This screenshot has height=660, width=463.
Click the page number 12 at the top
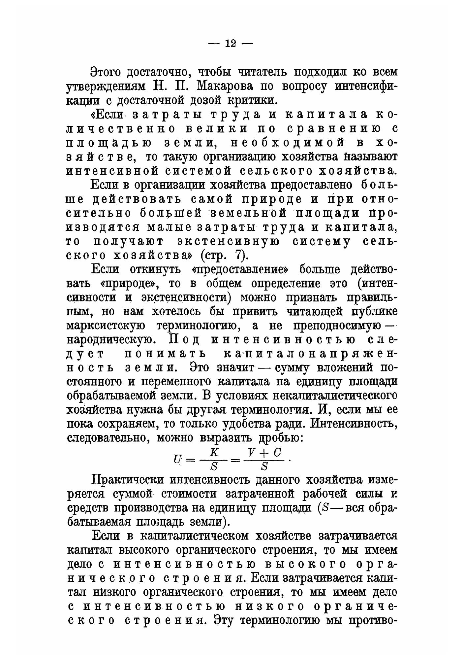click(x=230, y=44)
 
